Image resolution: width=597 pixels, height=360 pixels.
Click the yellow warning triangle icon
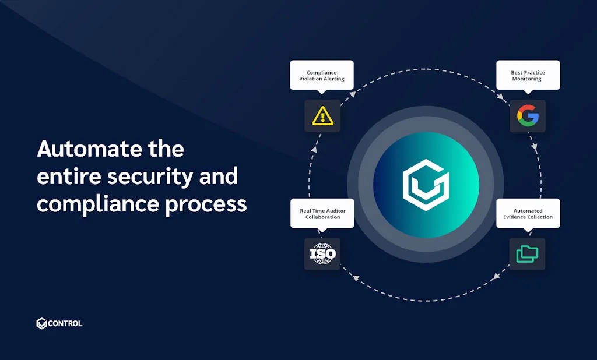[322, 116]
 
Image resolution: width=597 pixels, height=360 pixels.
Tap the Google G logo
[528, 116]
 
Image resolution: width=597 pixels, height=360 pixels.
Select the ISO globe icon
[322, 254]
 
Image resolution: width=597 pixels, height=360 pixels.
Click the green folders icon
[527, 254]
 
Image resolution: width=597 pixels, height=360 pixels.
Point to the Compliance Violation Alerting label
[322, 75]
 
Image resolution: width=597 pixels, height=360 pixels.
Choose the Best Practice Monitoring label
[528, 75]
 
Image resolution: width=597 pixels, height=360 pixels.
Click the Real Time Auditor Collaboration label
[322, 213]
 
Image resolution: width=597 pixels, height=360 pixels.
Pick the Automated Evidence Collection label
[528, 213]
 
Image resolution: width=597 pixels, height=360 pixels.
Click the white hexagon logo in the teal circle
[426, 185]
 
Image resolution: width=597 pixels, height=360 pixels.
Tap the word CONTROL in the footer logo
[65, 323]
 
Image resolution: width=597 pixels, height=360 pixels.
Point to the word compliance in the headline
[97, 204]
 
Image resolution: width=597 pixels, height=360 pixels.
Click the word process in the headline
[206, 205]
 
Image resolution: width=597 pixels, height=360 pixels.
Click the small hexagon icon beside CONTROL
[41, 323]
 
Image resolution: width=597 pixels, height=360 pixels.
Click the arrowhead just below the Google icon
[535, 147]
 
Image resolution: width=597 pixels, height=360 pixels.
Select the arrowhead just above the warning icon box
[352, 94]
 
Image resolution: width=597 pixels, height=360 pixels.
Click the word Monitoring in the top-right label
[527, 79]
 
